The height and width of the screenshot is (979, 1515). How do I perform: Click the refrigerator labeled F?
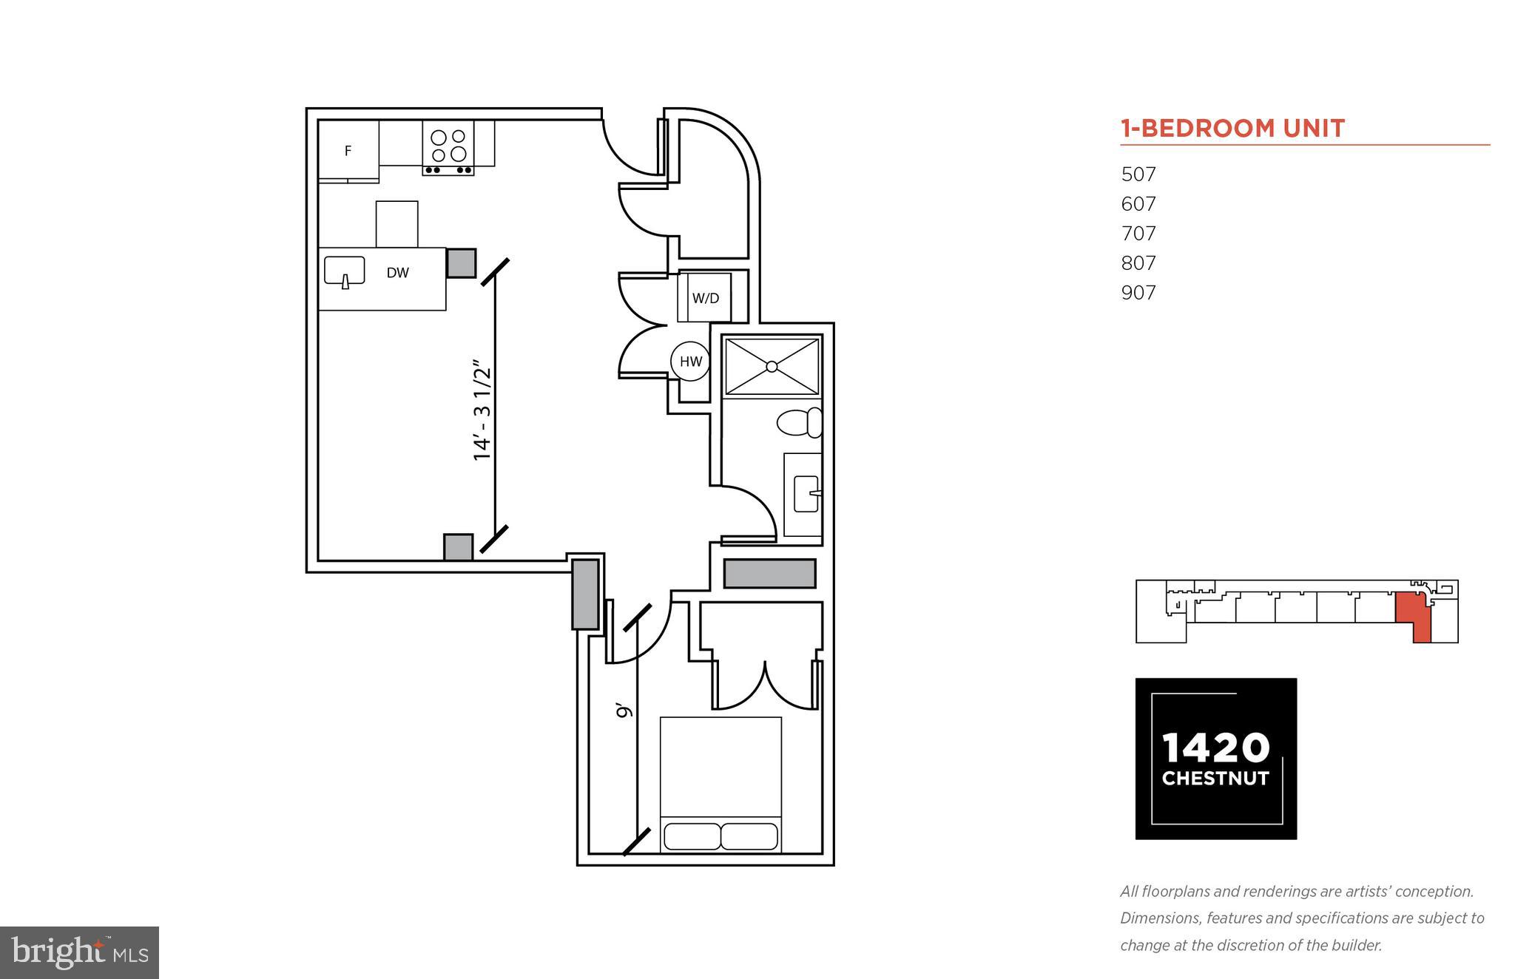[348, 151]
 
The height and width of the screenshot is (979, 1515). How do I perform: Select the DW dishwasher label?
[397, 273]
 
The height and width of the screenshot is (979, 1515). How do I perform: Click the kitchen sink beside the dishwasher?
[344, 271]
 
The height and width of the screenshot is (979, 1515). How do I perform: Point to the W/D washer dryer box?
[705, 298]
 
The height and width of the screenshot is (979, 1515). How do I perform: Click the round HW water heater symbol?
[690, 362]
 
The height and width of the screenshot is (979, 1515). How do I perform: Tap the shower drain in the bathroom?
[772, 366]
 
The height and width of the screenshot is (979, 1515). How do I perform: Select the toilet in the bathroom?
[799, 423]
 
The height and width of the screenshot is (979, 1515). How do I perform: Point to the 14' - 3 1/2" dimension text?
[482, 411]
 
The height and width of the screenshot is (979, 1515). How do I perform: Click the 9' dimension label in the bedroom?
[625, 711]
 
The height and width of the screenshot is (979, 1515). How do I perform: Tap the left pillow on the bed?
[692, 836]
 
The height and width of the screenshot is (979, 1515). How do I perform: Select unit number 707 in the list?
[1138, 234]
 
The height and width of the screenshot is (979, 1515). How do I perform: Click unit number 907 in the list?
[1138, 293]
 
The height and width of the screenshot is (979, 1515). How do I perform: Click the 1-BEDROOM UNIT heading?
[1232, 129]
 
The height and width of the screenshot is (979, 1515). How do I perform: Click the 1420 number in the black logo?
[1215, 748]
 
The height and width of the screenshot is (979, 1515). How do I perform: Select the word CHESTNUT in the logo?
[1215, 779]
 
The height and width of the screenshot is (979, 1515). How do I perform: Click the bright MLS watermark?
[79, 952]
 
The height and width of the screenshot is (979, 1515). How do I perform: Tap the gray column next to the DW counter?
[461, 262]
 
